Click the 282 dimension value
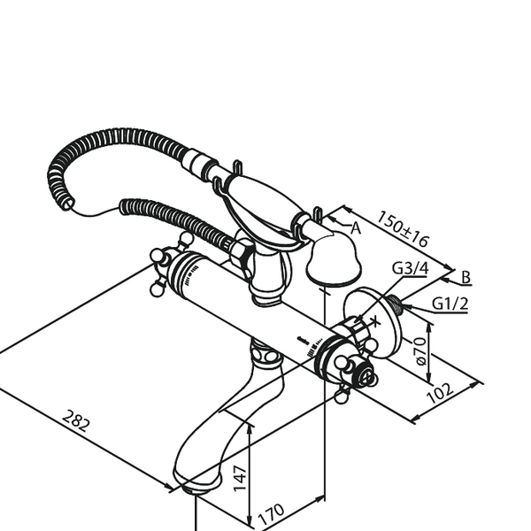click(77, 420)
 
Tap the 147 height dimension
click(240, 478)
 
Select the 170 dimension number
click(271, 514)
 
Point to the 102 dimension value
click(440, 393)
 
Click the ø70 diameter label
click(420, 351)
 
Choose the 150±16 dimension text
click(403, 228)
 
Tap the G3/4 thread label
click(411, 268)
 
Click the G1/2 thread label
click(450, 304)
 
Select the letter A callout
click(355, 228)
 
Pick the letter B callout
click(466, 277)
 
